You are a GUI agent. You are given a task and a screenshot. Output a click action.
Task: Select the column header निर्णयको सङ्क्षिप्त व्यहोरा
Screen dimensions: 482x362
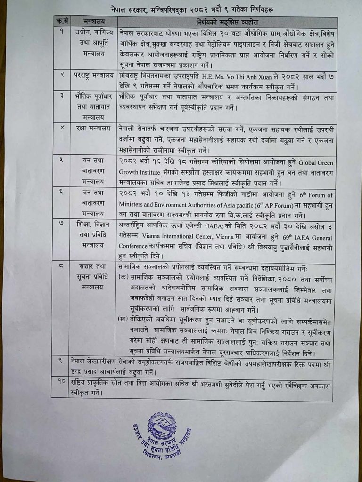tap(227, 22)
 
